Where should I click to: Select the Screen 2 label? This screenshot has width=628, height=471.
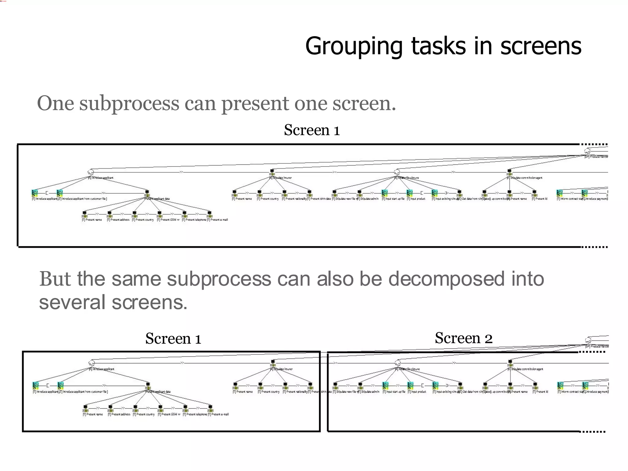pos(463,338)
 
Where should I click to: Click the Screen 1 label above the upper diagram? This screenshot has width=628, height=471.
pos(312,130)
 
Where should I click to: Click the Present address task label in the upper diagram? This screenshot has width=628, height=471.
pos(118,220)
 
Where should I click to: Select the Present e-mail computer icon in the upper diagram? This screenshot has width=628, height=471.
pos(209,213)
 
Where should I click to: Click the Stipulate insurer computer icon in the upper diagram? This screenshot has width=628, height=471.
pos(272,172)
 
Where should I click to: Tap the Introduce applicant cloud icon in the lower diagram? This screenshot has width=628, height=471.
pos(91,363)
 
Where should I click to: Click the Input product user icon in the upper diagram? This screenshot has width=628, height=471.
pos(409,193)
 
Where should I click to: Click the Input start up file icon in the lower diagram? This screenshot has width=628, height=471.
pos(385,385)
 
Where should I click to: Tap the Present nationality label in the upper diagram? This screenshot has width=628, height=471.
pos(294,199)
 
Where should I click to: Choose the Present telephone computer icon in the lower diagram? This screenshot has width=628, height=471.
pos(185,408)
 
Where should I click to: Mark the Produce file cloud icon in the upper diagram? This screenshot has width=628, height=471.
pos(587,151)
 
